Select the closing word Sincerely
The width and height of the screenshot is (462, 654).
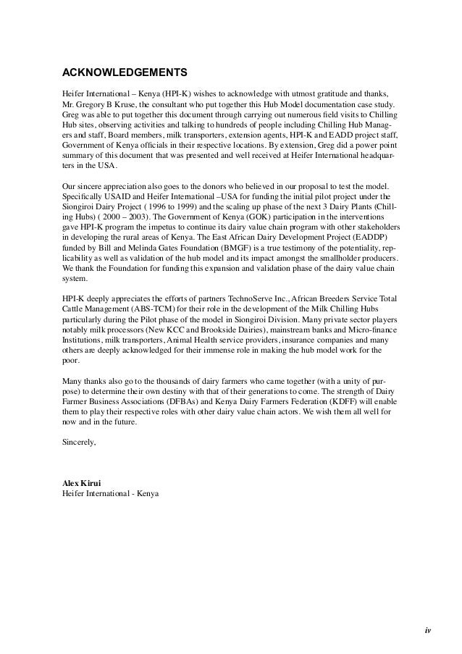click(78, 441)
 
